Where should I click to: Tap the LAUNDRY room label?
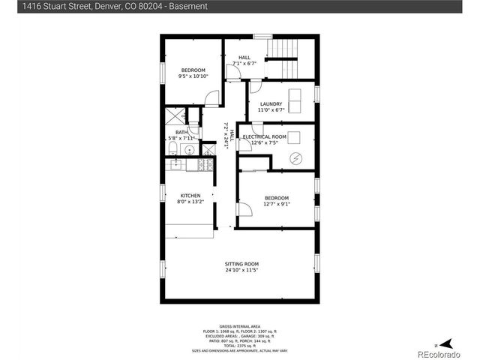pyautogui.click(x=271, y=104)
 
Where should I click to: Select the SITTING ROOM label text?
pyautogui.click(x=241, y=264)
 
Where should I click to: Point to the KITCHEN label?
pyautogui.click(x=190, y=196)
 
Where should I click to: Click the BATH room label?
pyautogui.click(x=172, y=132)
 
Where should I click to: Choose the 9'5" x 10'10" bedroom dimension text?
pyautogui.click(x=193, y=76)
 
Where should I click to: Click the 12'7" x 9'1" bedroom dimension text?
pyautogui.click(x=276, y=203)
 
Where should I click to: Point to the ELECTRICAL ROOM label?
pyautogui.click(x=265, y=136)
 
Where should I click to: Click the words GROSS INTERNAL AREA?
pyautogui.click(x=240, y=327)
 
